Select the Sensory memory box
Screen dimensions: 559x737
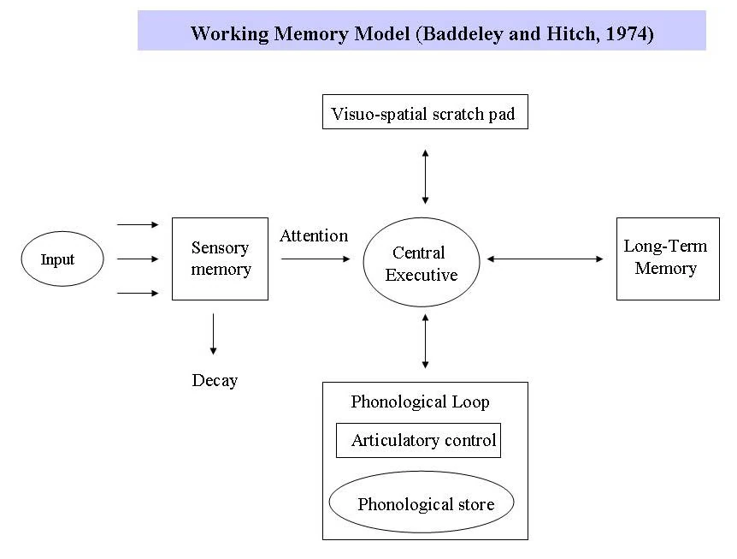220,259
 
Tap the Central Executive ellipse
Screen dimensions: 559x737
421,263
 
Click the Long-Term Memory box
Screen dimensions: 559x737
667,258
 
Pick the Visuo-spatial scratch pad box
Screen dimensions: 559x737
424,112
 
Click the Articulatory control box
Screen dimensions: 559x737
418,441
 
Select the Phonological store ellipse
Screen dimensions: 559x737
422,503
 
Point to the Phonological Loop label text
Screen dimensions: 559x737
420,401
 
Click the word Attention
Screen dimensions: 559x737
314,235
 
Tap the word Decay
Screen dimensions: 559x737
214,380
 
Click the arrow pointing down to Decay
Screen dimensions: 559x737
213,335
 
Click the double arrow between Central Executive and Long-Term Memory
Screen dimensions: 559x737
545,259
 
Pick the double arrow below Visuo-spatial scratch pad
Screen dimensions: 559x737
425,175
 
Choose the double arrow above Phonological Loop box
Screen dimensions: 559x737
425,342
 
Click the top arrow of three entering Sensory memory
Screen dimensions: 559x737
138,225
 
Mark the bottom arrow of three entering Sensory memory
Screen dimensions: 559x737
138,293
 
